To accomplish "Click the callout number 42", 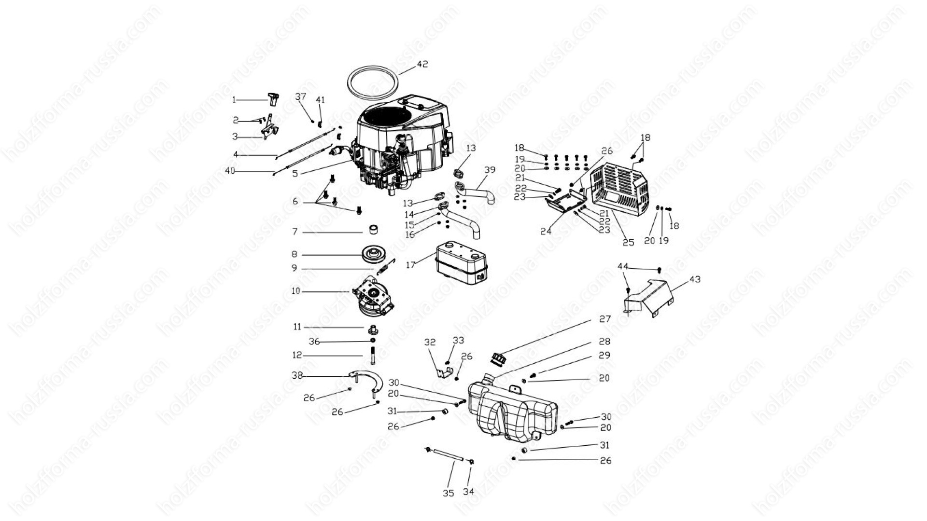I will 422,64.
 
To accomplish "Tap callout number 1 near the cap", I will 234,100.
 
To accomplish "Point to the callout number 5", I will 295,174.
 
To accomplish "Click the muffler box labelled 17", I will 463,266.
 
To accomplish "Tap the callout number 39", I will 490,170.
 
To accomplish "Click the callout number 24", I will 546,232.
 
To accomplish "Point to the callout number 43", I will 695,279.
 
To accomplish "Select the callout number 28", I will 604,342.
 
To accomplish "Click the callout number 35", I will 449,494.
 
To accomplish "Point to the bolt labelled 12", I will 373,356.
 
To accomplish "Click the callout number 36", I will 314,342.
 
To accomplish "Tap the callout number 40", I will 230,171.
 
